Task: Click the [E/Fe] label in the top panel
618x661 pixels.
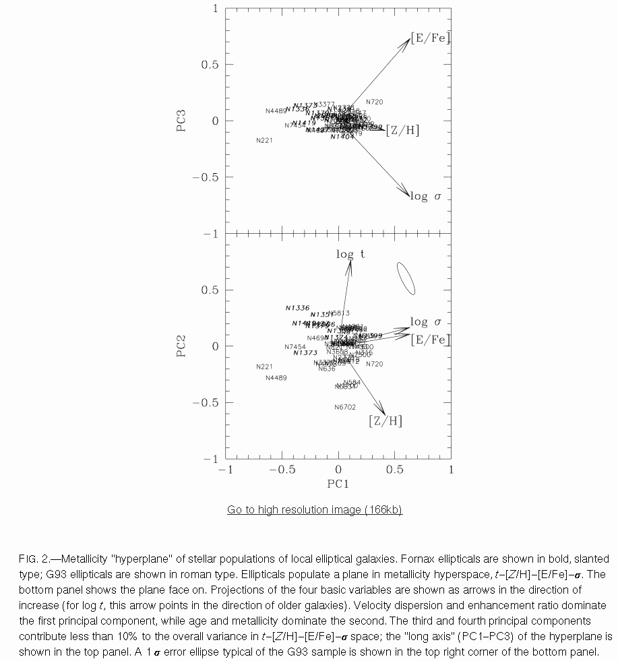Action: [431, 38]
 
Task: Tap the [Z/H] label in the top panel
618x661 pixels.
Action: [403, 131]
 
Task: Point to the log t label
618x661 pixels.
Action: [350, 254]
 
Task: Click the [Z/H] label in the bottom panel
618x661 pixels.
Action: [385, 421]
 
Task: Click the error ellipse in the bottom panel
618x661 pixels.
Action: [406, 278]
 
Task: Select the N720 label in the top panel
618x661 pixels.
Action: [374, 102]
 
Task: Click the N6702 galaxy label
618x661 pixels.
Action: [344, 407]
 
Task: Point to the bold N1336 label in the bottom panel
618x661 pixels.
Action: [297, 308]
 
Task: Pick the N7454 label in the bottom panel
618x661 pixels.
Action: [295, 347]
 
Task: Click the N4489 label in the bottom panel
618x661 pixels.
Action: [276, 378]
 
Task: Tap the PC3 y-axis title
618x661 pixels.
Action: [181, 121]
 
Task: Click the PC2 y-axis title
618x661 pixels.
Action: [181, 346]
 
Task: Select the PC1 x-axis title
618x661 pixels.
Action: [338, 484]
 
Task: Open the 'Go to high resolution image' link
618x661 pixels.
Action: [314, 509]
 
